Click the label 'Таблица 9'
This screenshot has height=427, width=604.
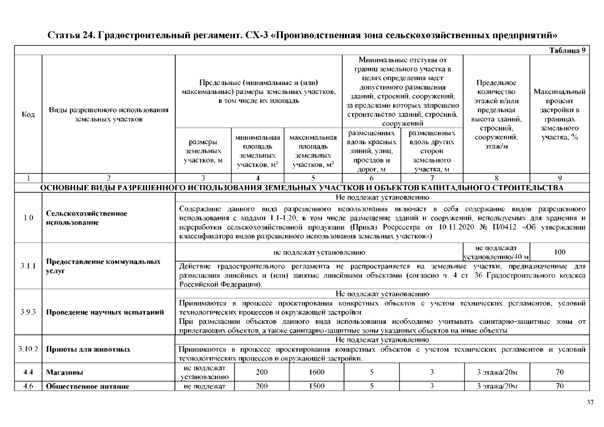[x=567, y=50]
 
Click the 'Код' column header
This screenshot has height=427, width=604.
[x=28, y=114]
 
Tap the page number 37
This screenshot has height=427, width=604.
[x=590, y=402]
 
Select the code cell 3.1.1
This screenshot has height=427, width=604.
[x=28, y=266]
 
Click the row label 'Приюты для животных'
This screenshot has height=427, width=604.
[x=88, y=349]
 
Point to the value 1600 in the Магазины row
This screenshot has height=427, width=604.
[x=316, y=372]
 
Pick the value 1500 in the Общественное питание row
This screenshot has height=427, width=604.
[x=316, y=386]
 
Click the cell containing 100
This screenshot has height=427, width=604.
[x=559, y=252]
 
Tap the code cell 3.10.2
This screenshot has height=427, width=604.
[x=28, y=349]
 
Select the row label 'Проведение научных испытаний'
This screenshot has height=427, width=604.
[x=105, y=312]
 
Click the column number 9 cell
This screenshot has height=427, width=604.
[x=559, y=178]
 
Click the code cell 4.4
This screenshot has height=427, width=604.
[x=28, y=372]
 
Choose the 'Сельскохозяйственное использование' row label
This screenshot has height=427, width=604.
[x=87, y=218]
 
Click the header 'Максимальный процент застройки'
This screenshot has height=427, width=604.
[x=559, y=114]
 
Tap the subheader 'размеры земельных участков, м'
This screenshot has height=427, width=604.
[x=203, y=151]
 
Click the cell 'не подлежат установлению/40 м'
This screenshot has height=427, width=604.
[x=496, y=252]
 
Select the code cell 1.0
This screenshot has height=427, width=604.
[x=28, y=218]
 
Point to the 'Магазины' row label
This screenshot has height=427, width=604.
[x=64, y=373]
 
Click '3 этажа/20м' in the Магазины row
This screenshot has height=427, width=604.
[x=497, y=372]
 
